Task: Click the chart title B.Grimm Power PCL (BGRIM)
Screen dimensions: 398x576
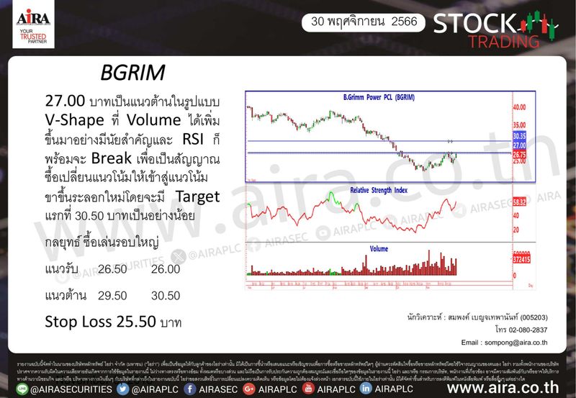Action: pos(382,97)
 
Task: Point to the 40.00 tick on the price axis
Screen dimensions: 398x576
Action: pos(520,107)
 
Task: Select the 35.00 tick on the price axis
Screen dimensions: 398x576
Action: pos(520,124)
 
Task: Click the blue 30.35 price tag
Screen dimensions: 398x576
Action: pos(520,135)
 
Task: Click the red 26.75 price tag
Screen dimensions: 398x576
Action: pos(520,154)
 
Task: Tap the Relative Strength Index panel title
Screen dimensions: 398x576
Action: pos(379,190)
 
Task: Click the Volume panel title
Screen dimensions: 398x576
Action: pos(379,248)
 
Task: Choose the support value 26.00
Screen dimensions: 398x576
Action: pos(166,268)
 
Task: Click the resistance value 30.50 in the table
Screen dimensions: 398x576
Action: pos(166,294)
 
